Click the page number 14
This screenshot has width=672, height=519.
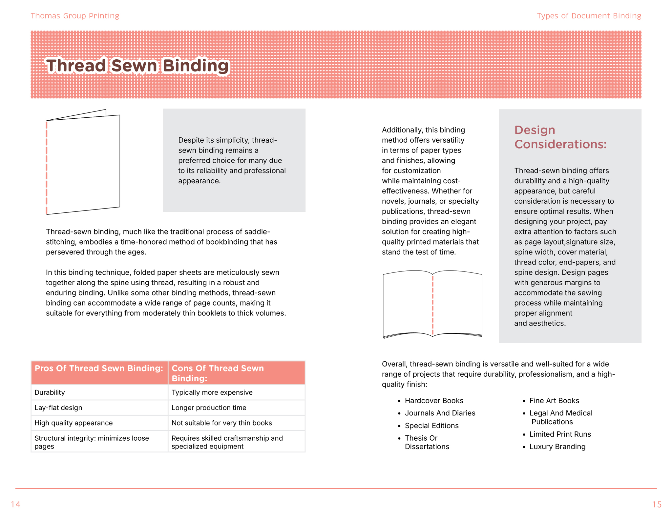pos(15,504)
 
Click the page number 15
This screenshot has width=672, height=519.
pos(657,504)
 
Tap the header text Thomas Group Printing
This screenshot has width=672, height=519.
pos(75,16)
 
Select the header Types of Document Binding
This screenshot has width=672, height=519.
pos(589,16)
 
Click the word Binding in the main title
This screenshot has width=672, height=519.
pos(196,66)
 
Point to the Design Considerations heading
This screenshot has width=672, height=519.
pos(560,137)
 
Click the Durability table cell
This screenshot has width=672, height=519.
pos(50,392)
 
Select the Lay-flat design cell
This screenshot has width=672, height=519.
pos(58,408)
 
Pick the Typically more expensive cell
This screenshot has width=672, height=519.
pos(212,392)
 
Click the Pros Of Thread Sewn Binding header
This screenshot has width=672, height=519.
pos(99,369)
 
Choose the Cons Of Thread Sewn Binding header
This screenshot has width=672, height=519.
pos(218,373)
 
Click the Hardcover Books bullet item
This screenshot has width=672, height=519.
pos(434,401)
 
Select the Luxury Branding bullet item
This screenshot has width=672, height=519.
pos(557,447)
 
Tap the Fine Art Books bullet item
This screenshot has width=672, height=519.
pos(554,401)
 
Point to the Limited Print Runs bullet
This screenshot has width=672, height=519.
pos(560,434)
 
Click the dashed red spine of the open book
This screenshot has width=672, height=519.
pos(433,305)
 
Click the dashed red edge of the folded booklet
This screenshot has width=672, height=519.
pos(47,167)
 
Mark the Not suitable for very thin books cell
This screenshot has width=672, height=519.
pos(221,423)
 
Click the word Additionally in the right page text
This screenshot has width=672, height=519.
pos(400,130)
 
